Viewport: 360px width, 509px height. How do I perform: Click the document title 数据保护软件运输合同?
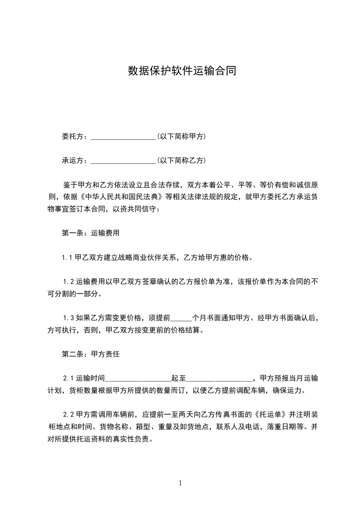click(182, 71)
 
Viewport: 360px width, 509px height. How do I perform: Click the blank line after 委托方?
click(123, 137)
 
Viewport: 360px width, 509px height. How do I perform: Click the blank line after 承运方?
click(123, 161)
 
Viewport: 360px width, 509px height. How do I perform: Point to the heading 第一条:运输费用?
click(90, 233)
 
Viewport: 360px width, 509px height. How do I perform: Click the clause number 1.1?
click(68, 258)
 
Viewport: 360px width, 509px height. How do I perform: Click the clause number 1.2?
click(68, 282)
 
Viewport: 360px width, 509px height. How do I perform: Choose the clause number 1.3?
click(68, 318)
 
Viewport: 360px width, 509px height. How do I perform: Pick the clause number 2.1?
click(68, 378)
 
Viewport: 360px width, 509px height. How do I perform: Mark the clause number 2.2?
click(68, 415)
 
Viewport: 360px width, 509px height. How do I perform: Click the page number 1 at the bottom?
click(180, 483)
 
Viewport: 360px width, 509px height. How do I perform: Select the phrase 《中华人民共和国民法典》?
click(120, 197)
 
